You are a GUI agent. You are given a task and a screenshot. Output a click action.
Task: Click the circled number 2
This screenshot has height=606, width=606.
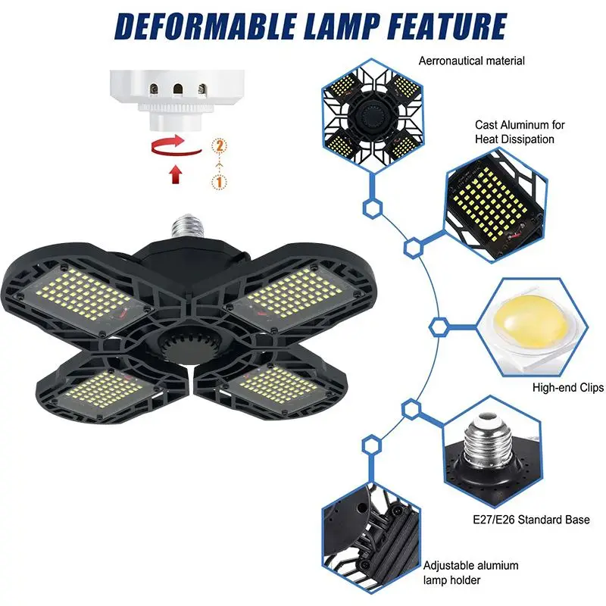219,145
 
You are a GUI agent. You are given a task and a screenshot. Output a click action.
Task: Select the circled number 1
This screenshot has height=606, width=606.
219,183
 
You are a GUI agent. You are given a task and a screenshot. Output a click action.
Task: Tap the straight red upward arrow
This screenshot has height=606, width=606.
176,174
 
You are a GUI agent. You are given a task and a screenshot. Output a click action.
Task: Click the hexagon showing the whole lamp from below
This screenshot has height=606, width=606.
371,116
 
